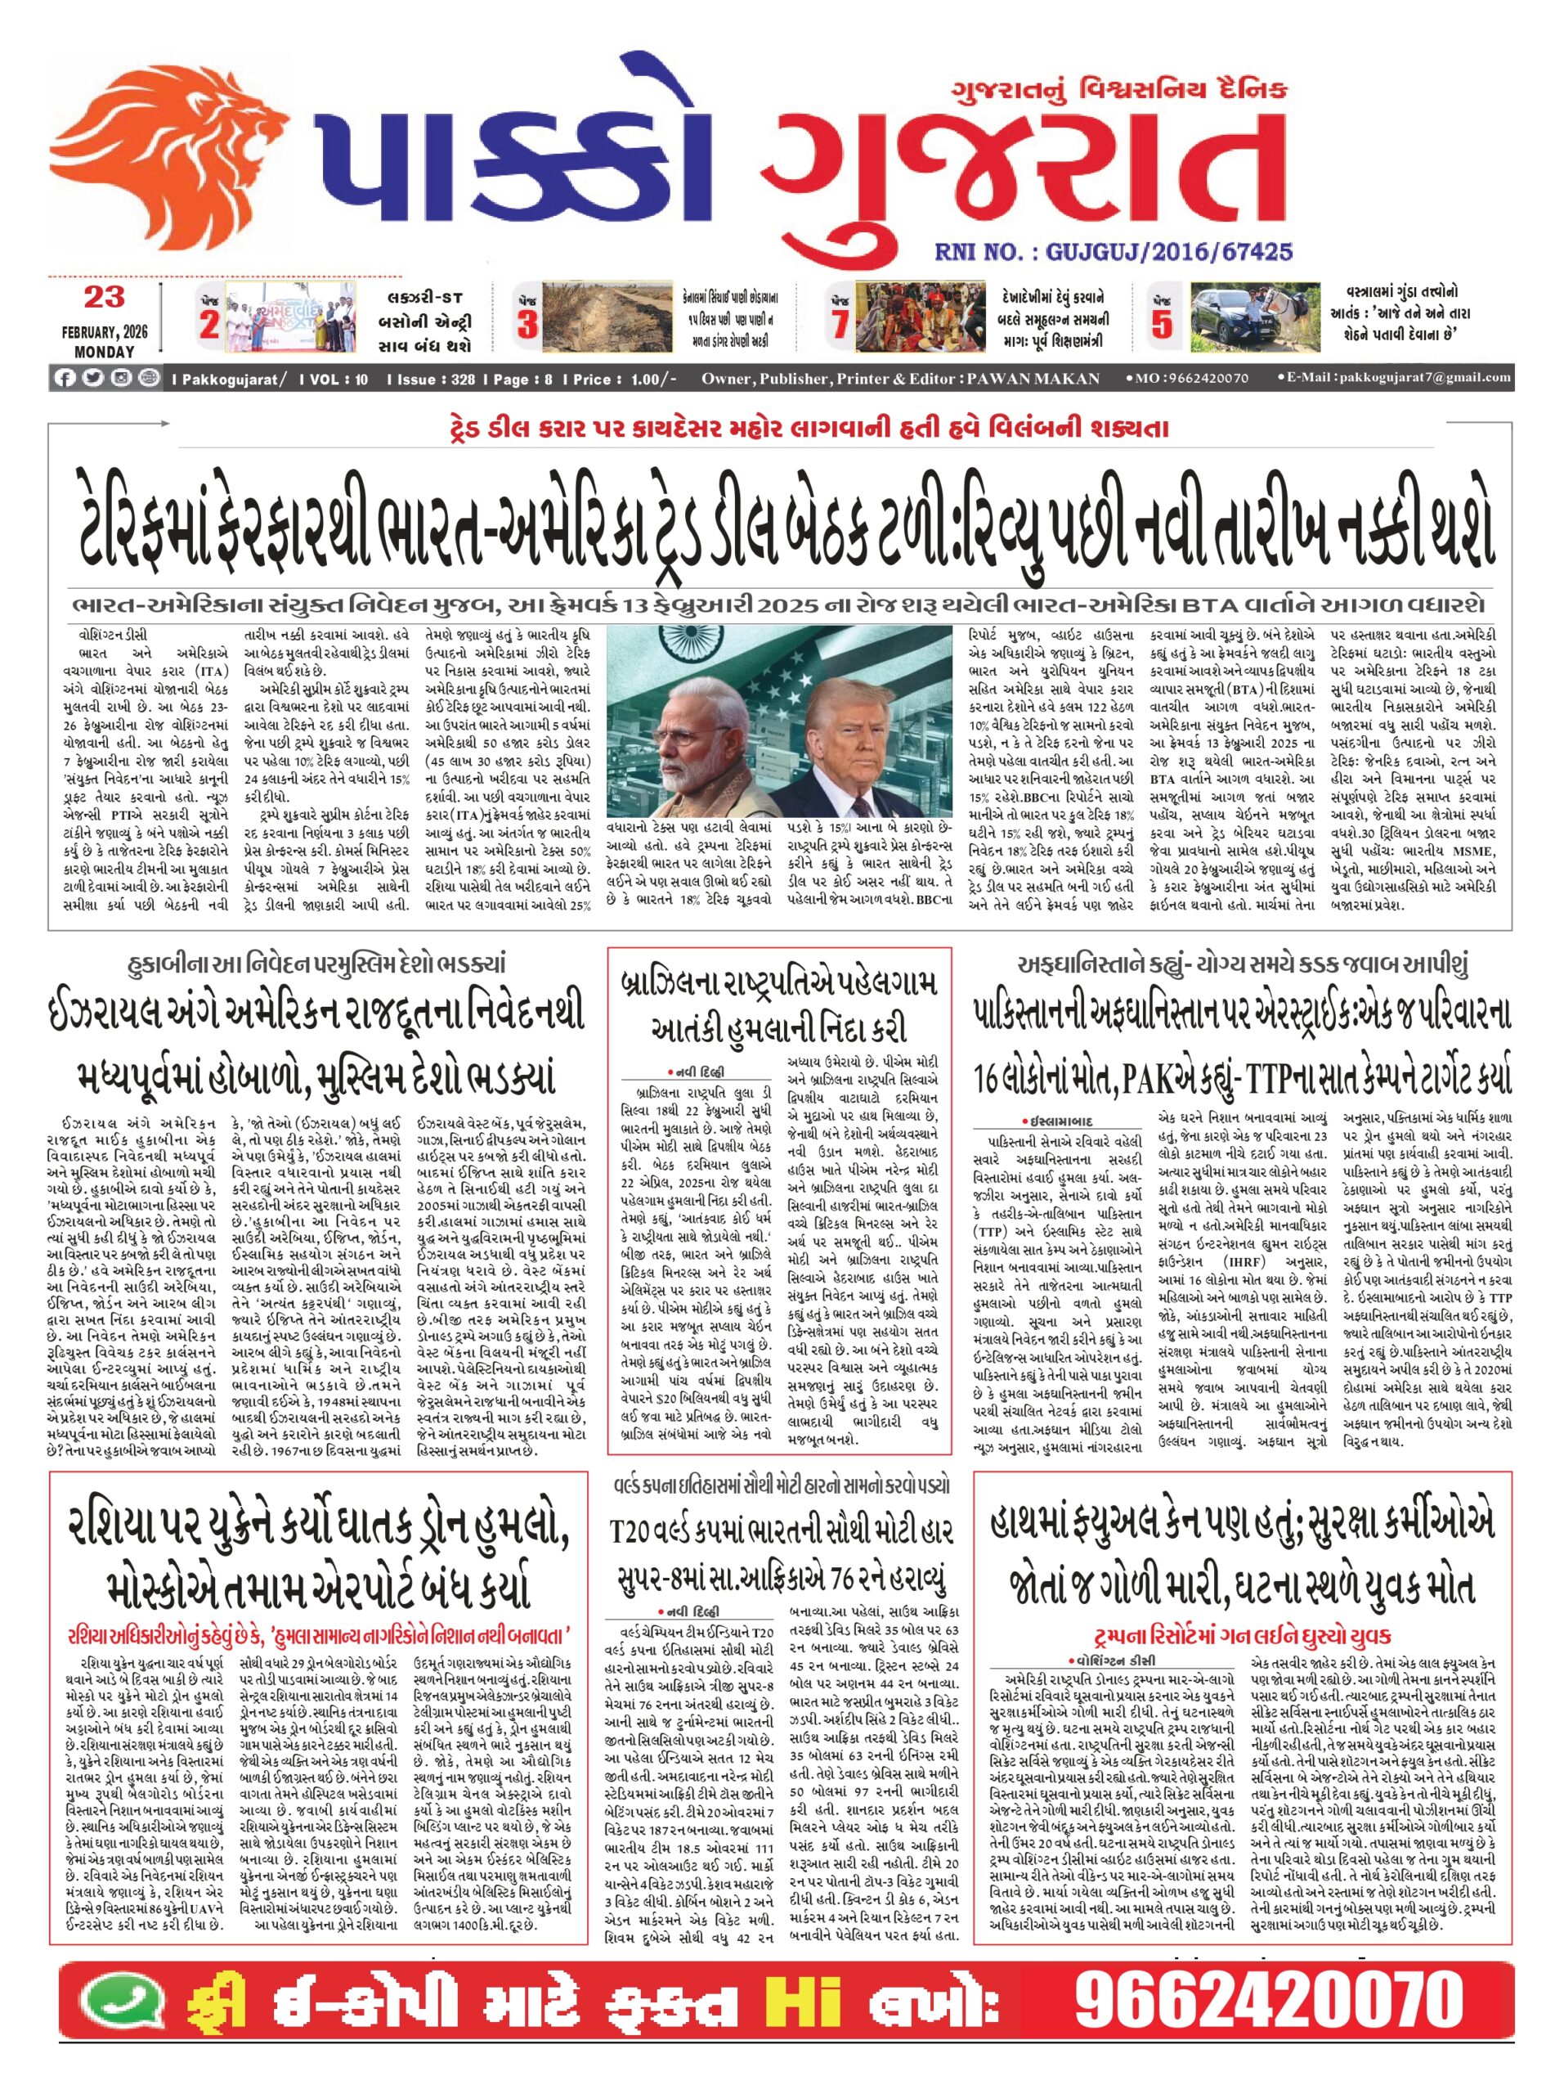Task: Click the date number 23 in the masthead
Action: [x=104, y=296]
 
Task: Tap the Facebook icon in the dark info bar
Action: [x=65, y=379]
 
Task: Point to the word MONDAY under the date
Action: [x=104, y=351]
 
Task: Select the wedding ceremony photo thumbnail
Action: [x=920, y=318]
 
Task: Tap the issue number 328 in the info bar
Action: [x=463, y=379]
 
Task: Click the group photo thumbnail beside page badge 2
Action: [x=289, y=317]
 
